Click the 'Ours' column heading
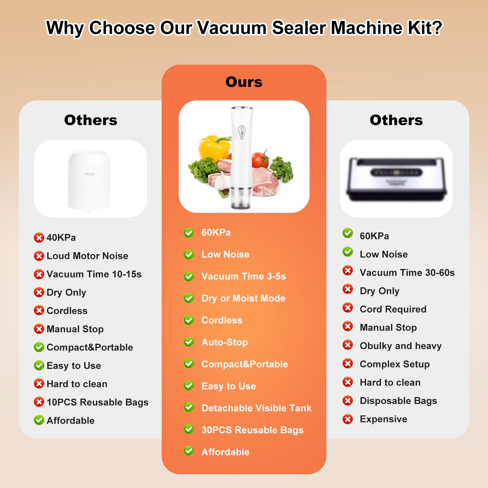244,82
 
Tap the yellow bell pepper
213,148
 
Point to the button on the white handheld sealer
242,133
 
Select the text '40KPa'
61,238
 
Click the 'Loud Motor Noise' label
87,256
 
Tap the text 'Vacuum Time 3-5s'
244,276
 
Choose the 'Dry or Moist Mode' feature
243,298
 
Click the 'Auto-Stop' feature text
225,342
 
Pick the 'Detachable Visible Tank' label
257,408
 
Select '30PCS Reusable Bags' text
253,430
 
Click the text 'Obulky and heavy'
401,346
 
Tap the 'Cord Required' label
393,309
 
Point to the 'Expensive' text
383,419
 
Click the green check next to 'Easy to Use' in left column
39,365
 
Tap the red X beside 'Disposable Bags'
348,400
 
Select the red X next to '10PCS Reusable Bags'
39,402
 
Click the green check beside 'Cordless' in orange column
189,320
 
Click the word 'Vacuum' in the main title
232,28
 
